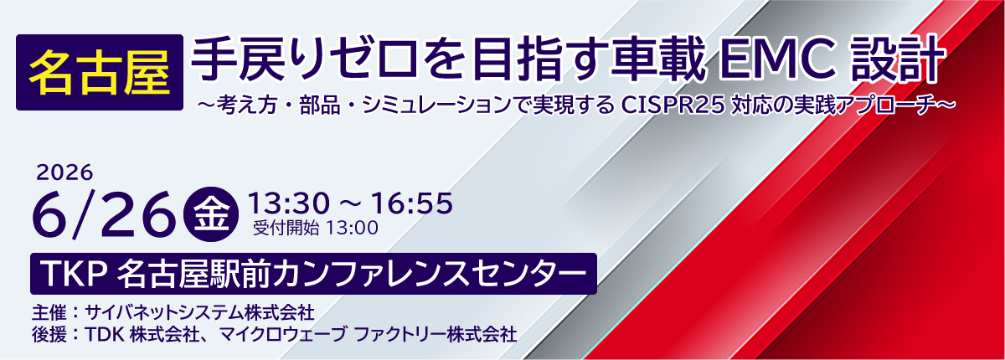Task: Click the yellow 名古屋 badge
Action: (x=100, y=73)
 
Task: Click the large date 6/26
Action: (x=104, y=213)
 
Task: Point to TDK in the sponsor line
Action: (x=104, y=334)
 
